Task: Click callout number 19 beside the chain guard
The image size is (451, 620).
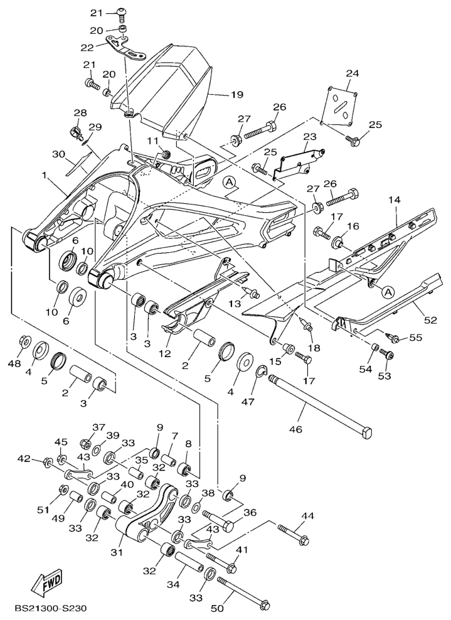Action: click(236, 95)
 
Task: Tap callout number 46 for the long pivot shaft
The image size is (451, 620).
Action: click(295, 430)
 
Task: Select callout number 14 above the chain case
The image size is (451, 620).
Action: click(393, 200)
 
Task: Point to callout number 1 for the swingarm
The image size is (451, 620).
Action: click(45, 177)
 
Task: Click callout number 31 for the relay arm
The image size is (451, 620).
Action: click(117, 552)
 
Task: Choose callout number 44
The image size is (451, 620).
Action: click(307, 516)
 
